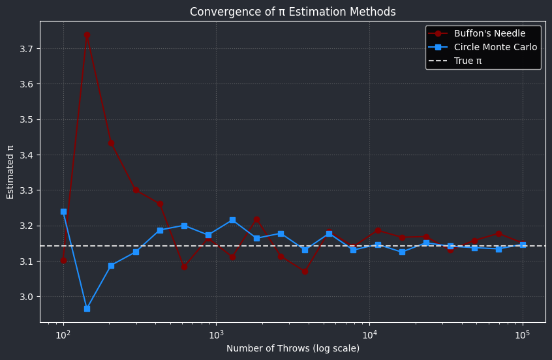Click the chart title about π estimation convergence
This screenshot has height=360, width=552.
(x=292, y=12)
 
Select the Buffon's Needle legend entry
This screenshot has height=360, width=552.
(x=489, y=34)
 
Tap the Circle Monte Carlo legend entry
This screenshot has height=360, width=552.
(x=495, y=47)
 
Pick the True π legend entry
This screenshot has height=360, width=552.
(x=468, y=61)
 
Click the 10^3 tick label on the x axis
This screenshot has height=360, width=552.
(x=216, y=335)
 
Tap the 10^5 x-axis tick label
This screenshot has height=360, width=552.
(x=522, y=335)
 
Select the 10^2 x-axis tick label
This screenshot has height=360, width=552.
(x=63, y=335)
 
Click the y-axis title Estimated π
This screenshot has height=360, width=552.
(x=10, y=172)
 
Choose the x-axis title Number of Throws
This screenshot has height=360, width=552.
(x=292, y=349)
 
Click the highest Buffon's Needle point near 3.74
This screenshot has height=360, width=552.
(x=87, y=35)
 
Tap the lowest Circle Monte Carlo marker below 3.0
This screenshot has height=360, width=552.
(x=87, y=308)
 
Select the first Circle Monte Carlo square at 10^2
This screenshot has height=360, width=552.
(x=63, y=211)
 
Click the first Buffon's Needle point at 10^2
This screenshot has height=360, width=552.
(x=63, y=260)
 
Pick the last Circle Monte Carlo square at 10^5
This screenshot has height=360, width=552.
(x=523, y=245)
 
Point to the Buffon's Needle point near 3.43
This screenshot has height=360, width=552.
(x=111, y=143)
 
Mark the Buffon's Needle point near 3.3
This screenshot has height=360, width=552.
(x=136, y=190)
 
